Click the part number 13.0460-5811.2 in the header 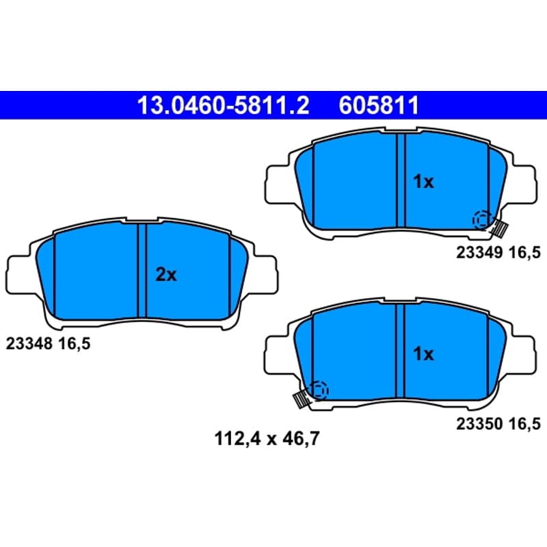coord(224,105)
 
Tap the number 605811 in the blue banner coord(379,105)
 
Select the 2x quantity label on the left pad coord(166,275)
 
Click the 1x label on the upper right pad coord(423,182)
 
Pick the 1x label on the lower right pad coord(423,353)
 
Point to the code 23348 coord(29,344)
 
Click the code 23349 coord(480,252)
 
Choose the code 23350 coord(480,424)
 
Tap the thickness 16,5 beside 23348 coord(75,345)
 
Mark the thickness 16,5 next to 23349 coord(524,253)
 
